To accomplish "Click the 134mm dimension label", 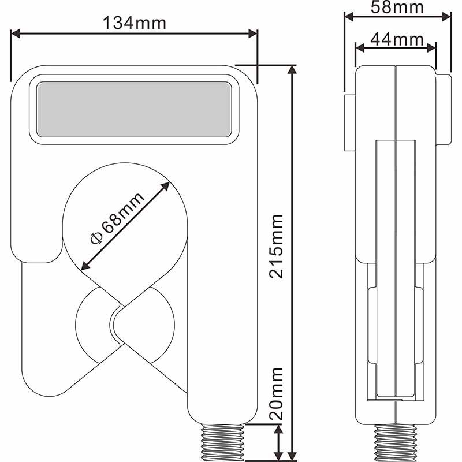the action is point(135,23).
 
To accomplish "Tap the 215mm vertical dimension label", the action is point(277,247).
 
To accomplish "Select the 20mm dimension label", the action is point(277,394).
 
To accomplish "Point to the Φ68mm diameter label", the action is point(117,218).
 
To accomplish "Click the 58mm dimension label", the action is point(397,8).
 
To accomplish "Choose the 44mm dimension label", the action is point(397,39).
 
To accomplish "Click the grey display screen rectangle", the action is point(134,110).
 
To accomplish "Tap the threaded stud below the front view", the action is point(222,442).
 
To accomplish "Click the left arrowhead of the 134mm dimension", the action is point(16,33).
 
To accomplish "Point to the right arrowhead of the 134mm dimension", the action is point(253,33).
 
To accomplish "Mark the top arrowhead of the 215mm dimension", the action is point(292,69).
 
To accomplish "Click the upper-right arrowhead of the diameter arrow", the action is point(165,187).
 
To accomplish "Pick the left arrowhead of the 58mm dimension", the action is point(349,17).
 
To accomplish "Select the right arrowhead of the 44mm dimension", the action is point(431,48).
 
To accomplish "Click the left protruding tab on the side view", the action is point(350,123).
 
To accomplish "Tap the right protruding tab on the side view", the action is point(444,110).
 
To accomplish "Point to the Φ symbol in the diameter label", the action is point(96,239).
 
